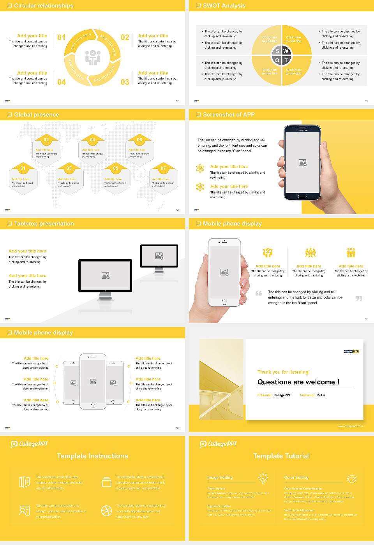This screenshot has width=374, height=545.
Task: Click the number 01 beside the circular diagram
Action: [62, 37]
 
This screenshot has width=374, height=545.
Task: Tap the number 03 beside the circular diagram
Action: [125, 82]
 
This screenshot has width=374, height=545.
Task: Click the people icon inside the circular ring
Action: [93, 58]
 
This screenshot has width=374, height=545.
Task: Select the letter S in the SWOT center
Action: [277, 51]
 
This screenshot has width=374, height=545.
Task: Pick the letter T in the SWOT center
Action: [286, 60]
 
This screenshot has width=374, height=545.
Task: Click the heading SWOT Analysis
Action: [224, 5]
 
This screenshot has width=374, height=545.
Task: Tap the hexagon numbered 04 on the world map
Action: [92, 150]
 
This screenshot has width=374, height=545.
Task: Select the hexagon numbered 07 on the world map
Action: [163, 178]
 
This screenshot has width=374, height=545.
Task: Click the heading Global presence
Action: [36, 114]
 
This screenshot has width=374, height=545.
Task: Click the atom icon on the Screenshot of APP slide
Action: [200, 168]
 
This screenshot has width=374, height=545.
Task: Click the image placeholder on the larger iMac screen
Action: [105, 276]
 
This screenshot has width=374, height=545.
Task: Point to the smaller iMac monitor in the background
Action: [159, 256]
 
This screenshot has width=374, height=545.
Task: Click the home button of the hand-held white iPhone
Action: [224, 302]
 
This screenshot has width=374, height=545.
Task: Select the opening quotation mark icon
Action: [259, 293]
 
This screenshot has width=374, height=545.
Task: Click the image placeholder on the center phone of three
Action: [93, 381]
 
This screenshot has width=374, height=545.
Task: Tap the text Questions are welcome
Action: [298, 382]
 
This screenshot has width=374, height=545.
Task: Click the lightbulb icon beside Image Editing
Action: [263, 478]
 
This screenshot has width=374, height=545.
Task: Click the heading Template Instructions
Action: [92, 456]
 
